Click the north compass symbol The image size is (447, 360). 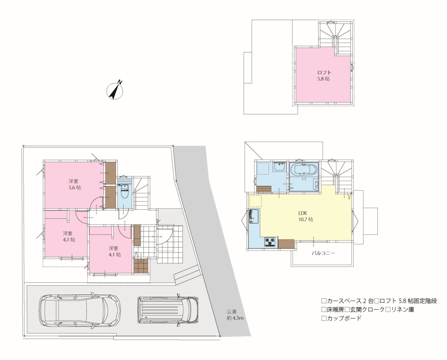[x=115, y=91]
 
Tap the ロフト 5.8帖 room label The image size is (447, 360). [x=324, y=76]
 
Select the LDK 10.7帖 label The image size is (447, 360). [x=305, y=216]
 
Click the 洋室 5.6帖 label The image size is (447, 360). [x=74, y=184]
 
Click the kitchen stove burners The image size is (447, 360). [x=270, y=242]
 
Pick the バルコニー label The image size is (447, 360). [x=323, y=253]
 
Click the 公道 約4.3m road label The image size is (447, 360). [x=235, y=315]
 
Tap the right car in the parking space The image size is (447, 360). [x=168, y=310]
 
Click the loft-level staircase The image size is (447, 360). [x=335, y=37]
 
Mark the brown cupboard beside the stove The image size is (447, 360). [x=286, y=243]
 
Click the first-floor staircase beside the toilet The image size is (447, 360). [x=141, y=193]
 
